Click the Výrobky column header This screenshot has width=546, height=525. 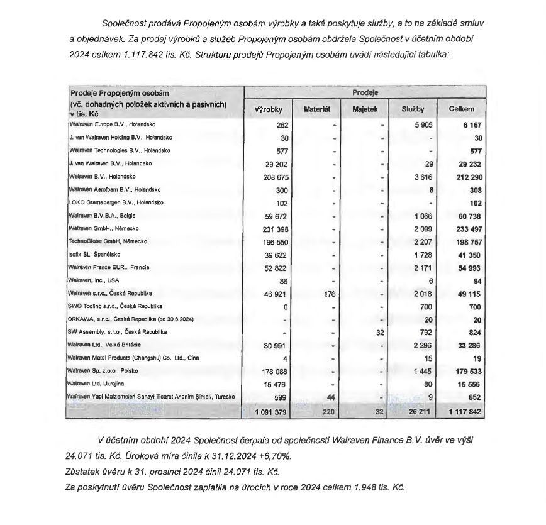pyautogui.click(x=267, y=109)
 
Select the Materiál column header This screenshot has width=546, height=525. pyautogui.click(x=318, y=109)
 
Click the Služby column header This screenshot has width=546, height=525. pyautogui.click(x=413, y=109)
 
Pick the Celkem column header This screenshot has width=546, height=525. pyautogui.click(x=461, y=109)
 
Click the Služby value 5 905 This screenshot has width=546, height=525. pyautogui.click(x=422, y=125)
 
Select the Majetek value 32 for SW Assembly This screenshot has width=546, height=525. pyautogui.click(x=379, y=331)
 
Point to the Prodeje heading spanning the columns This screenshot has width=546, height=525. pyautogui.click(x=365, y=92)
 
